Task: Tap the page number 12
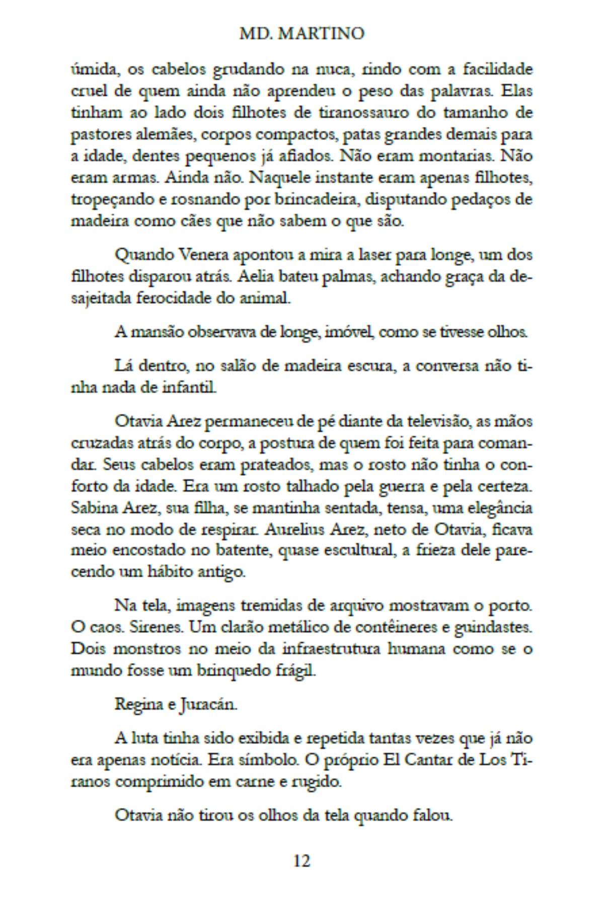[301, 861]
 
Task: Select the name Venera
[201, 255]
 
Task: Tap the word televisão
[428, 421]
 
